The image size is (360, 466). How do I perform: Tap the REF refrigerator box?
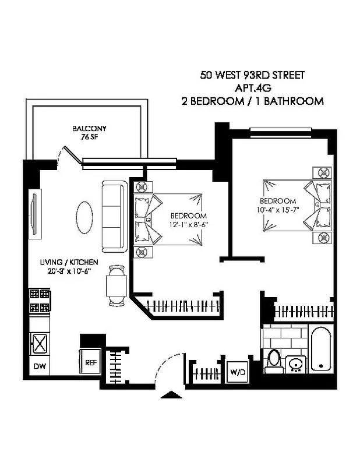coord(90,361)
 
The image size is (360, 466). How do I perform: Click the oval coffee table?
coord(84,216)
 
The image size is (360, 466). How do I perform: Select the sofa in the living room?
coord(114,215)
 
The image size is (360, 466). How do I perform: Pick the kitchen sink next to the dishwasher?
coord(38,344)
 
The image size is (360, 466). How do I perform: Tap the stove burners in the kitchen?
coord(40,301)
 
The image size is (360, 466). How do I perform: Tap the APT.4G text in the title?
coord(252,88)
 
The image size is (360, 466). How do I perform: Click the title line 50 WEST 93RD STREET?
coord(252,75)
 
